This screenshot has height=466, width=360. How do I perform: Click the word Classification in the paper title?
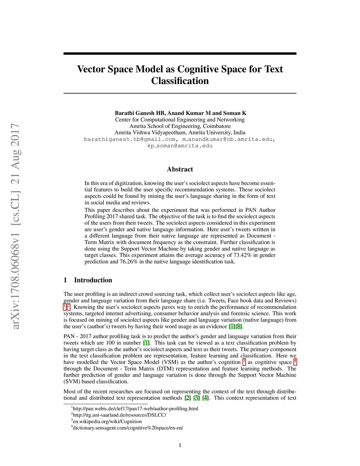[x=180, y=81]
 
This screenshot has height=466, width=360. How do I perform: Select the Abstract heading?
[x=180, y=169]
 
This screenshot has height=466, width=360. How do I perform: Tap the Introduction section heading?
[x=93, y=280]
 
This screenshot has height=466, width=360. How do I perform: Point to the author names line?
[x=180, y=113]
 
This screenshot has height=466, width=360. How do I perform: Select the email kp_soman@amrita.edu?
[x=180, y=146]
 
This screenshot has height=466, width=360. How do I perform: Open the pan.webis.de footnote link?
[x=135, y=409]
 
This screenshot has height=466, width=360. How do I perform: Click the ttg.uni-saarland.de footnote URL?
[x=120, y=415]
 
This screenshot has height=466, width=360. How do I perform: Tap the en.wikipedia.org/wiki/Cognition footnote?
[x=107, y=421]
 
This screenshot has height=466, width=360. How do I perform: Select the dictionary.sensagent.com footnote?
[x=128, y=428]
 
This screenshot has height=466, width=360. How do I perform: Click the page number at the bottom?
[x=180, y=445]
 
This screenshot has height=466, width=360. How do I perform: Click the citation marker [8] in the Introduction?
[x=239, y=326]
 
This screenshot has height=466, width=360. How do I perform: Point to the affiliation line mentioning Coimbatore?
[x=180, y=126]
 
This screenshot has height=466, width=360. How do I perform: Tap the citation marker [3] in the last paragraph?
[x=197, y=398]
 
